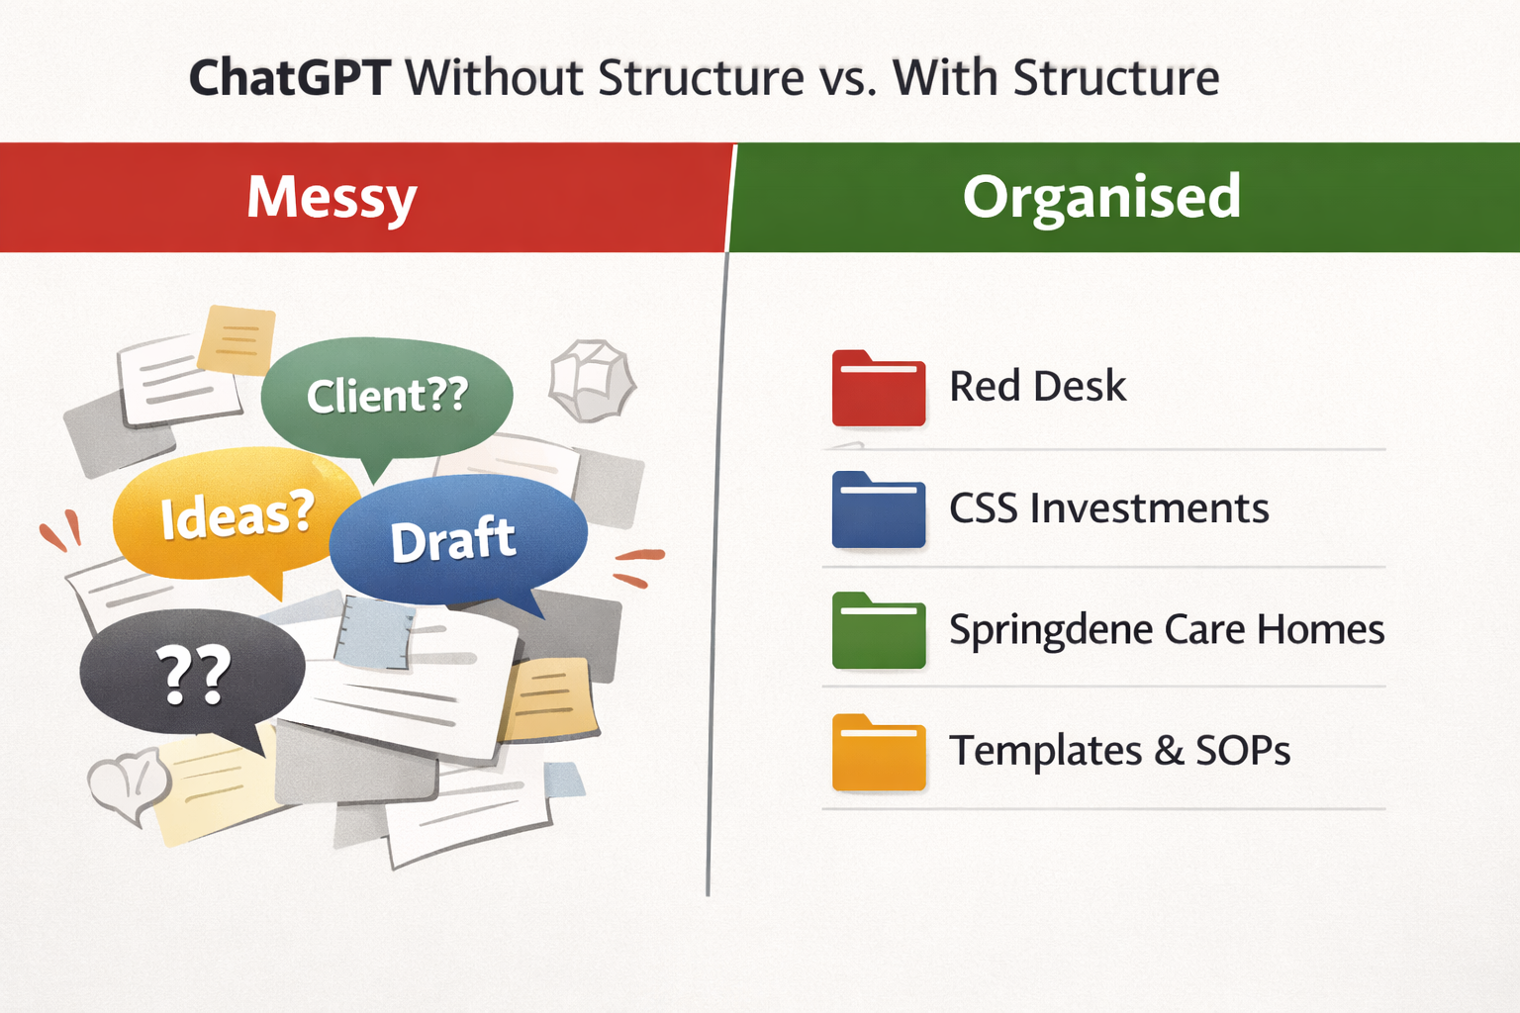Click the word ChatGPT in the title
click(289, 78)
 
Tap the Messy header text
click(332, 198)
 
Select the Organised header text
click(1101, 196)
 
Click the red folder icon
click(878, 389)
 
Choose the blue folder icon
click(878, 510)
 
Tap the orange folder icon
click(878, 753)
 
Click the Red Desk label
click(1037, 387)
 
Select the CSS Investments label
click(1108, 508)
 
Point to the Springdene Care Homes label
click(1166, 629)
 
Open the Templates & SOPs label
click(1119, 751)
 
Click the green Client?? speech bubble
click(387, 395)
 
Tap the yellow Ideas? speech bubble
click(236, 513)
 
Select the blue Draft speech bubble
click(455, 539)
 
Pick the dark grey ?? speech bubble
click(192, 674)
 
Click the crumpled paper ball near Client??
click(592, 381)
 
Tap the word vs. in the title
click(848, 78)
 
